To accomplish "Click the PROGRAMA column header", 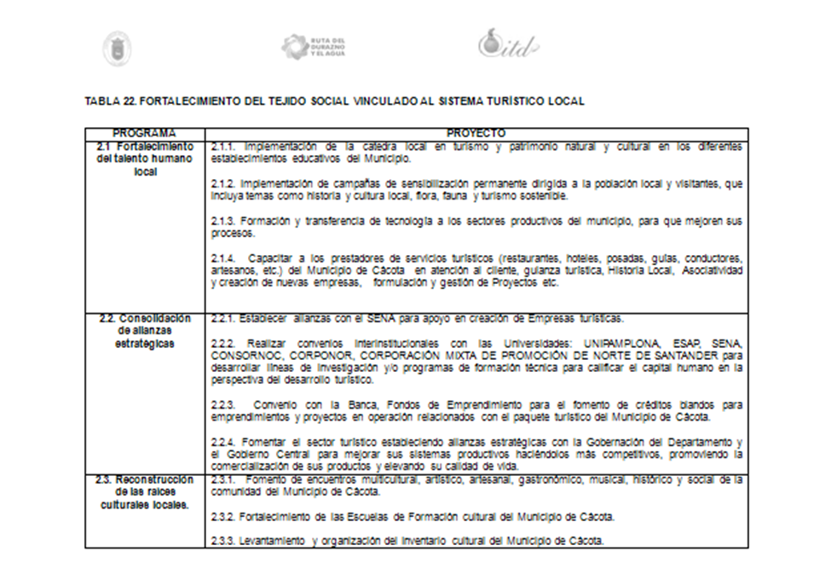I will (144, 134).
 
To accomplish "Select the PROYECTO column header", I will (476, 134).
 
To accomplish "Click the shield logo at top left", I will (117, 48).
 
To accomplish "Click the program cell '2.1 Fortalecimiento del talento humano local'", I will (144, 158).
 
